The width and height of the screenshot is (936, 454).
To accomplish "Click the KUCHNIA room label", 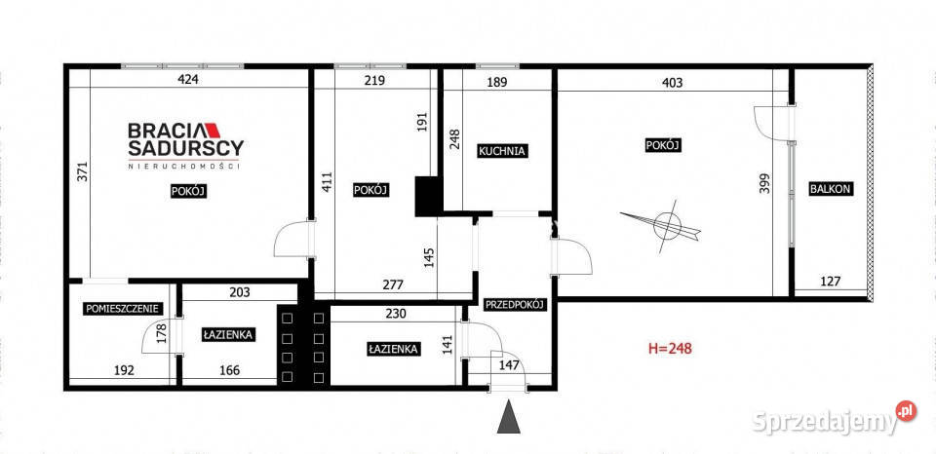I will click(x=502, y=151).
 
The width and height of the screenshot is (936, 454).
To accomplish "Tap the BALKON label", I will click(x=831, y=189).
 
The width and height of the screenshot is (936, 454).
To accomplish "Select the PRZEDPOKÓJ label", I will click(x=515, y=304).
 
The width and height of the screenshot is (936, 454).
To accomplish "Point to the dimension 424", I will click(x=188, y=81).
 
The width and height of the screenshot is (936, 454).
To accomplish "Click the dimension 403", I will click(x=672, y=82).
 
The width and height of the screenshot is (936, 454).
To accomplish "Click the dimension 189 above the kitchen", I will click(x=497, y=82).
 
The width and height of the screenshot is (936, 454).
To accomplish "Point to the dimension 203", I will click(x=239, y=290).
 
